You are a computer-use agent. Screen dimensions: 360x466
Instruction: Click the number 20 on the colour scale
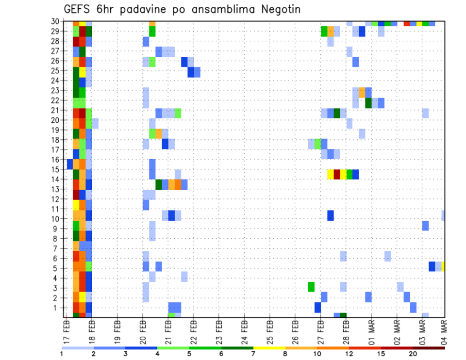click(413, 353)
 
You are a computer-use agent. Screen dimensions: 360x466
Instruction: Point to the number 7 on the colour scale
click(253, 353)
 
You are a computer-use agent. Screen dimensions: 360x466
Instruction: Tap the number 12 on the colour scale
click(349, 353)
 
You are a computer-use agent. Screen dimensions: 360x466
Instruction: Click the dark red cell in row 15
click(337, 174)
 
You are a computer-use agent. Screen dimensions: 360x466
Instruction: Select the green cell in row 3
click(311, 287)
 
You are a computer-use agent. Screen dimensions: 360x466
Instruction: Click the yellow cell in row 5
click(443, 266)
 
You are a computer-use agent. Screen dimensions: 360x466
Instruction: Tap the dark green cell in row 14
click(159, 184)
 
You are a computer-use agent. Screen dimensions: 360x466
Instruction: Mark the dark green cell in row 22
click(368, 103)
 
